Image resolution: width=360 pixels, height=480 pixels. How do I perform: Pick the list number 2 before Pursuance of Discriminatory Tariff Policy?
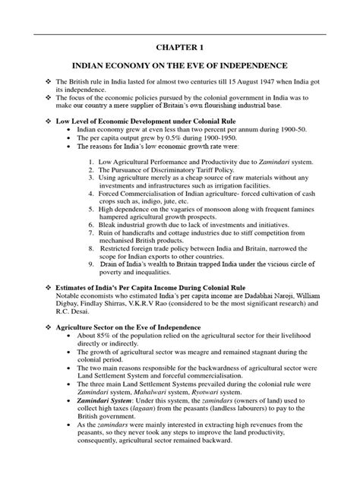(91, 171)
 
